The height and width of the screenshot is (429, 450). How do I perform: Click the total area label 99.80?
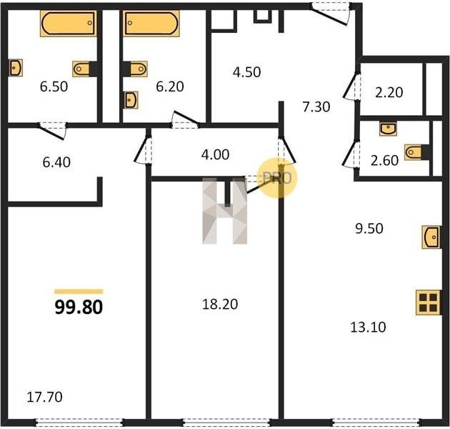pos(79,307)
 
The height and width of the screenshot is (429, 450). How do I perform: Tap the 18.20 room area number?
pos(220,304)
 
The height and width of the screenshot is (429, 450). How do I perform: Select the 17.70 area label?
pos(44,397)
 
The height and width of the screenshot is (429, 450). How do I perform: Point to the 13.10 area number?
pos(368,327)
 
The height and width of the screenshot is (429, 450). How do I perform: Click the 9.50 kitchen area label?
pos(369,228)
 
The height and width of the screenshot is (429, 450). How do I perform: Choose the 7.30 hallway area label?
pos(316,107)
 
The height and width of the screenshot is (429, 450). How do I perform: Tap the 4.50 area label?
pos(247,71)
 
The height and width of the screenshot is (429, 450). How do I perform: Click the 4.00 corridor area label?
pos(215,154)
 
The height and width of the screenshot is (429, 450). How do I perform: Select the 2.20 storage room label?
pos(389,92)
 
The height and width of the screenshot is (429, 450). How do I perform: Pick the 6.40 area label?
pos(56,162)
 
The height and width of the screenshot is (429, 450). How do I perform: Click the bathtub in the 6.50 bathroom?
pos(69,24)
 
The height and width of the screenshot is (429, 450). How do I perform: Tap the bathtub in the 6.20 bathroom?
pos(151,24)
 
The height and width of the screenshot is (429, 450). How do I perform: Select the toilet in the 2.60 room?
pos(414,152)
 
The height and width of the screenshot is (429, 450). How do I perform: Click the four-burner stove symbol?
pos(428,302)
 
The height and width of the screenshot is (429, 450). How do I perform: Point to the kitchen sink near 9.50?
pos(431,237)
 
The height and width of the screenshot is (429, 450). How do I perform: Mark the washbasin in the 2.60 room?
pos(388,128)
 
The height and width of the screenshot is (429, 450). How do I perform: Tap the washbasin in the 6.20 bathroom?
pos(131,100)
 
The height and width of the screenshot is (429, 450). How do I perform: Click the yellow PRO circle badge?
pos(277,178)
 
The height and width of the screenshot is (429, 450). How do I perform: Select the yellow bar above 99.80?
pos(79,292)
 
